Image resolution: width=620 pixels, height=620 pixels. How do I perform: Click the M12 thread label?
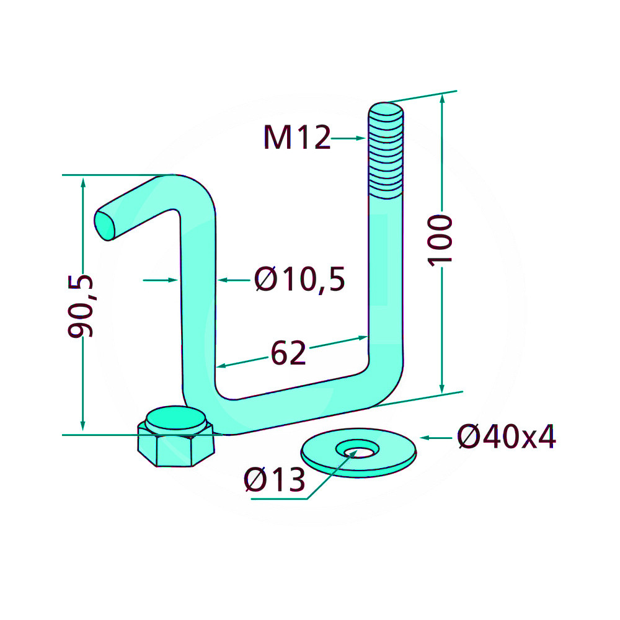click(297, 137)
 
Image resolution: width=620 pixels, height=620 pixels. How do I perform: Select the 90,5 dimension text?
click(81, 306)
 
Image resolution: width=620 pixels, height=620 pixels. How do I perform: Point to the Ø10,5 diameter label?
click(299, 279)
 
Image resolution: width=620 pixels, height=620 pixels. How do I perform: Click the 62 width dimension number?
click(288, 352)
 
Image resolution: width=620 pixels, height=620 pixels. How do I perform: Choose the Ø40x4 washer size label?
click(507, 436)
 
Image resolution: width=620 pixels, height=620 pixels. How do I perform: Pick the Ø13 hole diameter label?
click(275, 479)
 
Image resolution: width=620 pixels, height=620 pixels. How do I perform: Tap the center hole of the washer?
click(358, 449)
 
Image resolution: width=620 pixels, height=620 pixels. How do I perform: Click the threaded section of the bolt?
click(386, 151)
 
